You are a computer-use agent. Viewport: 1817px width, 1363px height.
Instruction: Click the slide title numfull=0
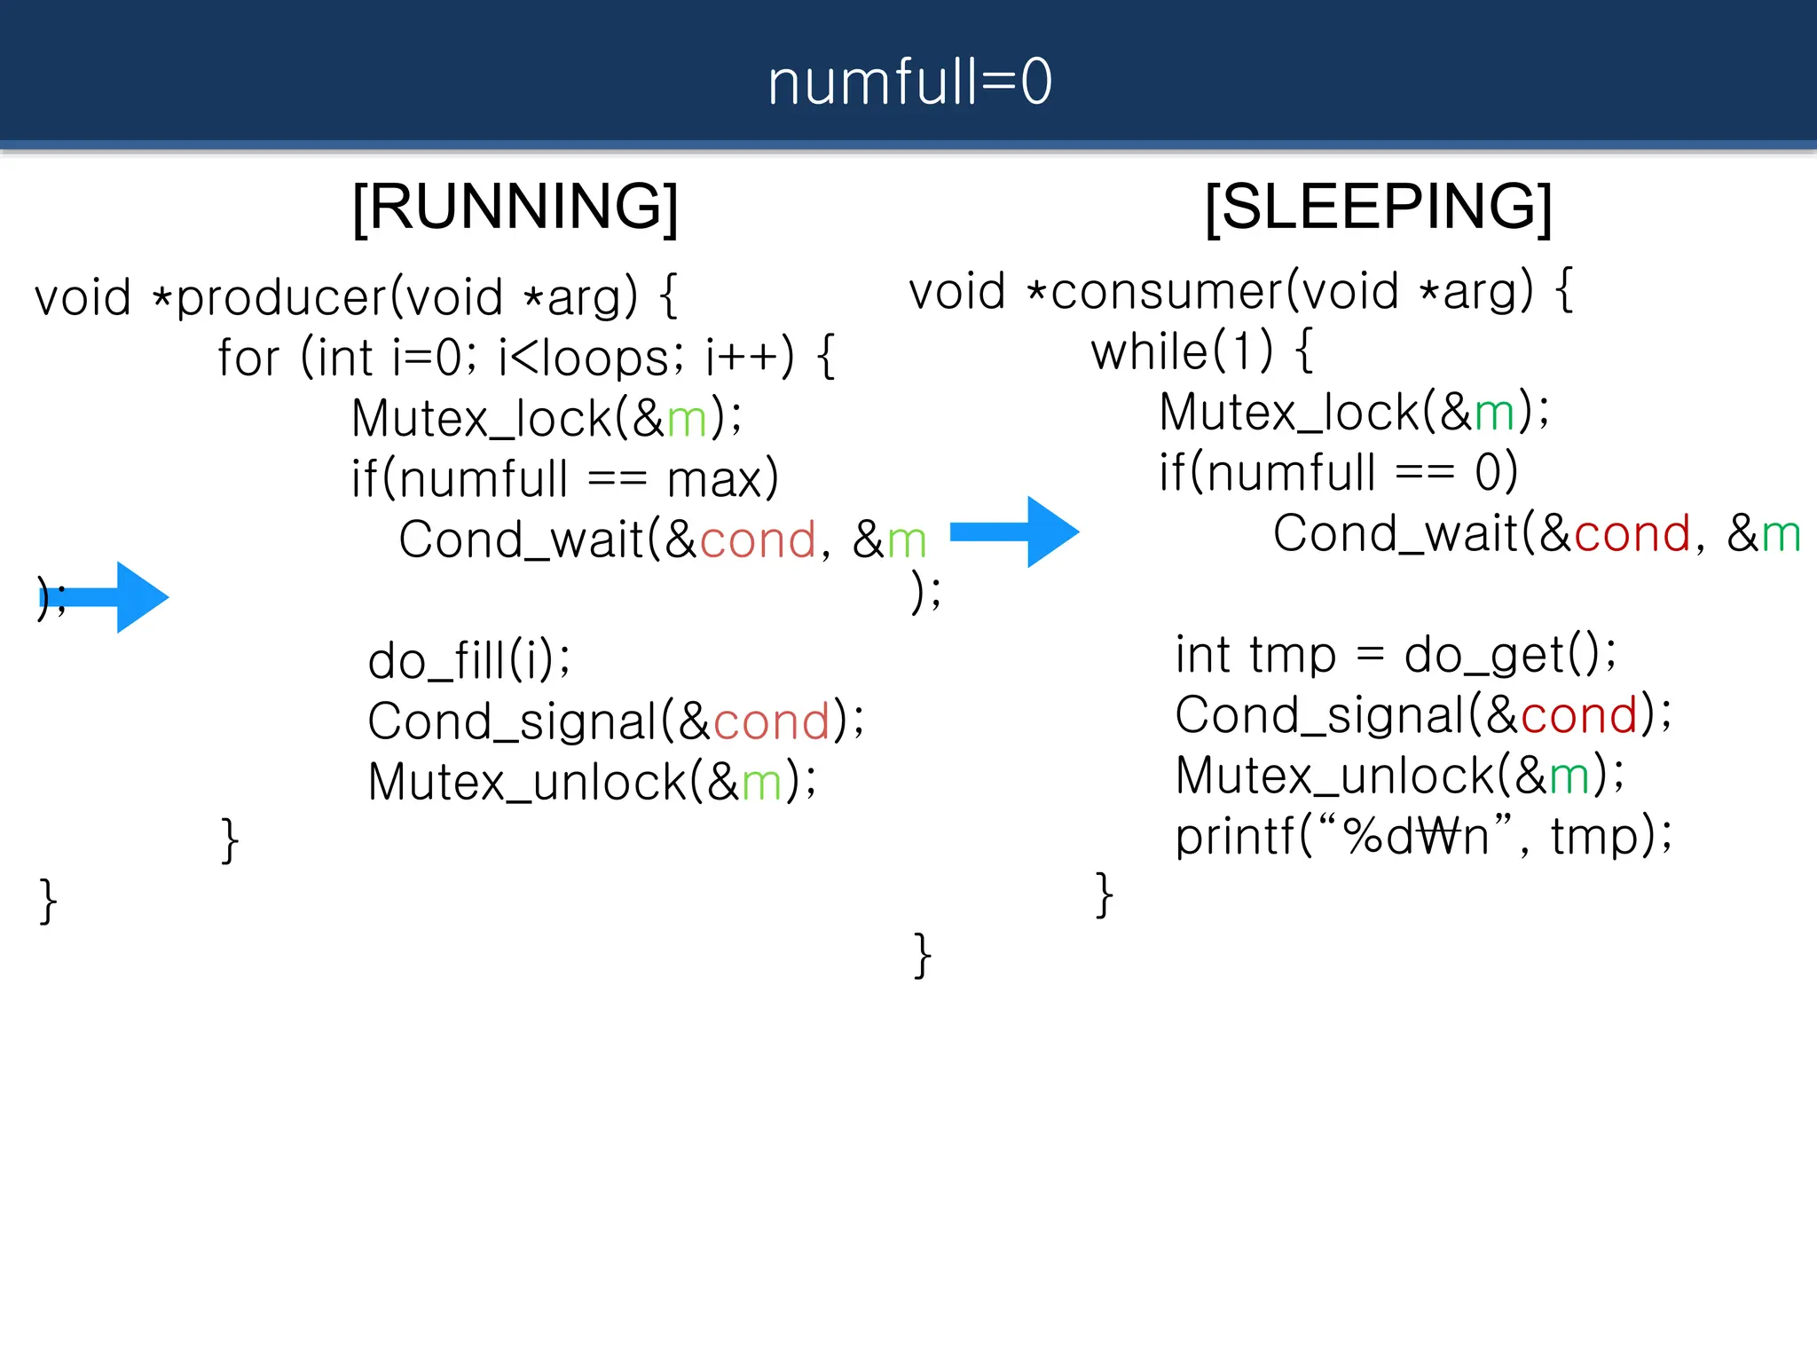[909, 82]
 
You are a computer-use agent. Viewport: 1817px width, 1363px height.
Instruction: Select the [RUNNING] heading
[515, 207]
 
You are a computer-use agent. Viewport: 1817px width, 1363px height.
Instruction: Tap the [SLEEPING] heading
[1378, 207]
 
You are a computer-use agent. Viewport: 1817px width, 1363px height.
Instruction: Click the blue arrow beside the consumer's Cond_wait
[1015, 532]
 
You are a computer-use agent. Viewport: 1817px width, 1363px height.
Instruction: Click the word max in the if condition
[715, 480]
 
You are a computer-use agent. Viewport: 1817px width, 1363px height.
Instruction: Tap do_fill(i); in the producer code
[469, 661]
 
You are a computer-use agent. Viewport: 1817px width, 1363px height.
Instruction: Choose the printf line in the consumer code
[1423, 836]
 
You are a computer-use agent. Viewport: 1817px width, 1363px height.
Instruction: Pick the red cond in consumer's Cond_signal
[1579, 715]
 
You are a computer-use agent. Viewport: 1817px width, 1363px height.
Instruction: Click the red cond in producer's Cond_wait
[758, 540]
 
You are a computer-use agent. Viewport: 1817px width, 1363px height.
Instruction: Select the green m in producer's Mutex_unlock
[761, 783]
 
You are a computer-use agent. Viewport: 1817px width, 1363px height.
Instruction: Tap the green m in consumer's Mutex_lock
[1494, 413]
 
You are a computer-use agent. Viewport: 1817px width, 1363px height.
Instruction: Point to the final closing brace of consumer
[923, 956]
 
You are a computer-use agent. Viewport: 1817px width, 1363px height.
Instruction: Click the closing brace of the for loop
[230, 840]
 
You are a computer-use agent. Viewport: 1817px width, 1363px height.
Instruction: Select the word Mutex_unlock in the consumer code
[1334, 776]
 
